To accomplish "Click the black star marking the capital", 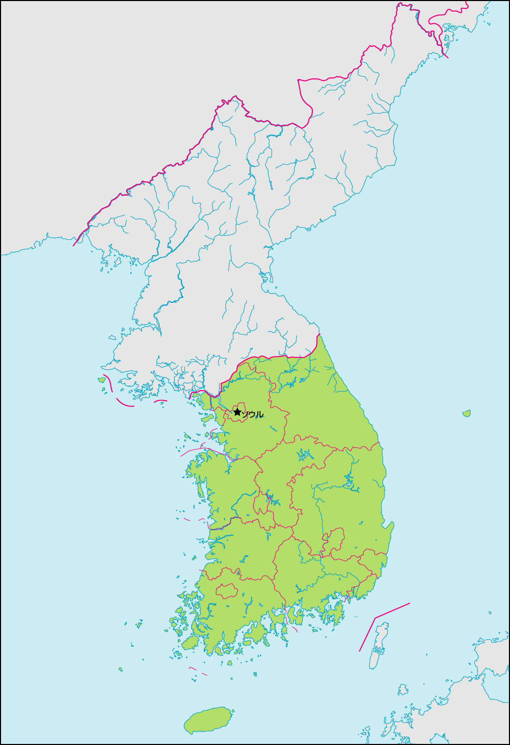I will [237, 412].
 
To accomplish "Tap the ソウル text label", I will [253, 415].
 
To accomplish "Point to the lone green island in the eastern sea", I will [466, 414].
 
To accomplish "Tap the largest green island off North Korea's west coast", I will [101, 380].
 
